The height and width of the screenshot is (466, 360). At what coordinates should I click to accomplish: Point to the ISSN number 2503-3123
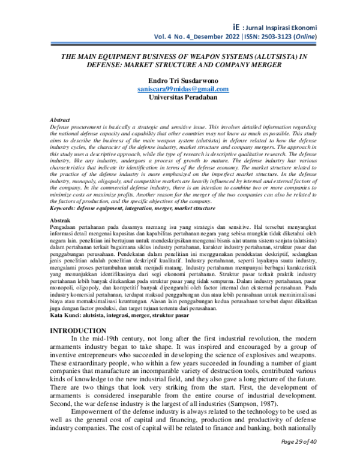click(280, 37)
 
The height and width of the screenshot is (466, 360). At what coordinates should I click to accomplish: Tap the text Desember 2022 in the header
click(203, 37)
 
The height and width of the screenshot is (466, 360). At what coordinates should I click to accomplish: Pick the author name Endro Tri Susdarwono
click(183, 80)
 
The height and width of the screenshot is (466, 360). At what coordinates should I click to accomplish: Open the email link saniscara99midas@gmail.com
click(183, 89)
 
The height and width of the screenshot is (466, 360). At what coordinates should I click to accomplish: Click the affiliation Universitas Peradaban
click(183, 97)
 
